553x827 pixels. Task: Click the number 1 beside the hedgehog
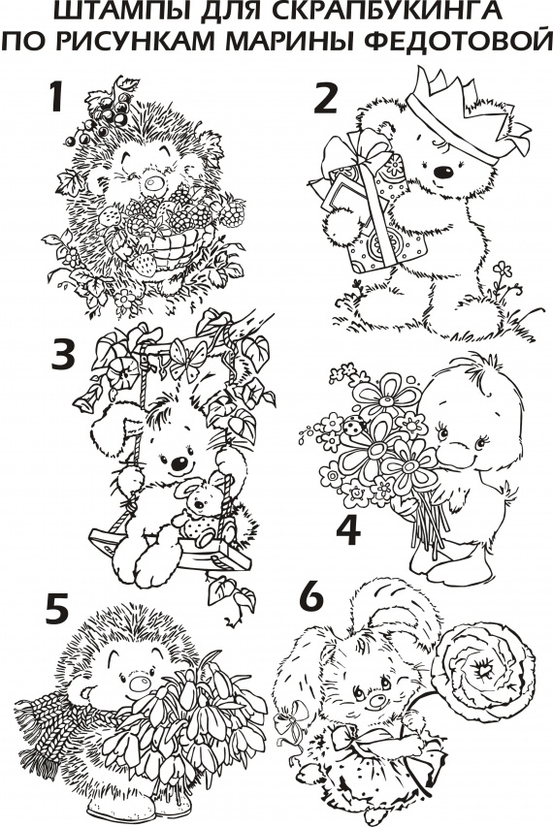56,97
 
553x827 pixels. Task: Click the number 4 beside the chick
348,530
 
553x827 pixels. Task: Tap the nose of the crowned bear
443,172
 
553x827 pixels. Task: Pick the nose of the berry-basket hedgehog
154,183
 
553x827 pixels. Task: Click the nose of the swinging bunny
179,464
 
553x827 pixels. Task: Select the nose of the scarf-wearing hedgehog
141,683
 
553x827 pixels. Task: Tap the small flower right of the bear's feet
503,270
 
